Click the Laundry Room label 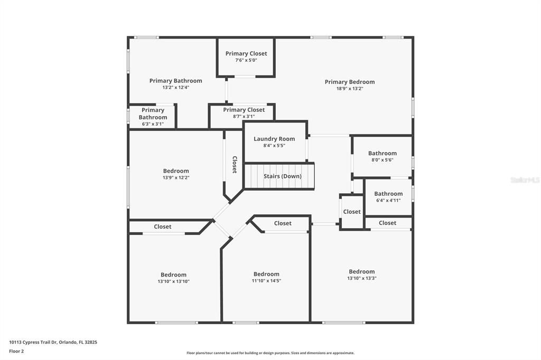coord(274,139)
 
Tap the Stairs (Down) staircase coord(279,176)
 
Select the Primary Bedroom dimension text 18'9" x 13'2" coord(350,89)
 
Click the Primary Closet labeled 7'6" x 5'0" coord(246,56)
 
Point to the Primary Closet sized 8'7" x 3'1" coord(244,113)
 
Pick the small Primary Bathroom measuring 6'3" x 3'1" coord(153,117)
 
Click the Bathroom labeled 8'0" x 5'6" coord(382,156)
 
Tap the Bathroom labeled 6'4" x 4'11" coord(388,197)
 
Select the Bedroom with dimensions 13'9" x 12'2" coord(176,174)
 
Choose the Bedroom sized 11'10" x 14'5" coord(266,277)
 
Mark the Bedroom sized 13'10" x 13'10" coord(173,278)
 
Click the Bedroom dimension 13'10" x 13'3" coord(362,278)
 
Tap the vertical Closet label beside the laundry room coord(234,164)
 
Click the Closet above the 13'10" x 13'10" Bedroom coord(163,226)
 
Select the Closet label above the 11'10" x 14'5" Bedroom coord(283,223)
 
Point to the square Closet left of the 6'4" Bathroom coord(352,212)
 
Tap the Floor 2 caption coord(16,350)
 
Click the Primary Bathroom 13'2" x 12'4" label coord(175,84)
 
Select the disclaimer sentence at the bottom coord(270,353)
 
